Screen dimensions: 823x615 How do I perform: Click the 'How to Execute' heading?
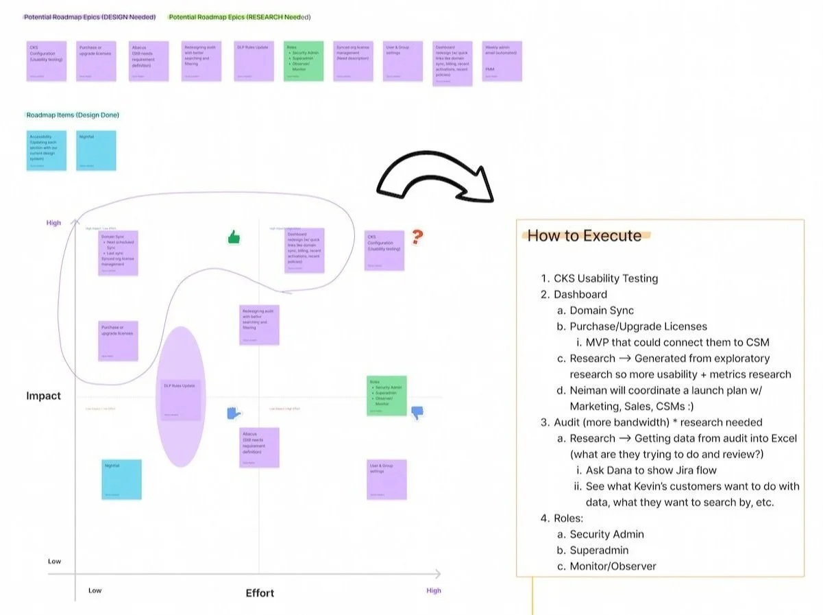(x=584, y=236)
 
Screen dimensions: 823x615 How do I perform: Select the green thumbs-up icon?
(x=234, y=238)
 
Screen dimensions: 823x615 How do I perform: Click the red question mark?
(x=417, y=237)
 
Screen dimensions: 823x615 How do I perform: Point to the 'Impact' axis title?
(x=44, y=396)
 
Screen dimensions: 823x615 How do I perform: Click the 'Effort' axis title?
(x=260, y=593)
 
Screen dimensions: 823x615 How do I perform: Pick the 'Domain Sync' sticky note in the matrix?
(x=119, y=253)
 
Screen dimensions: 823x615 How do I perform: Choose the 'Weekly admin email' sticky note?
(x=502, y=61)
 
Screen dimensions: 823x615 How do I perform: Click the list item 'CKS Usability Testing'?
(x=606, y=278)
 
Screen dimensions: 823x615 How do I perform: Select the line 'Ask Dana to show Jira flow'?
(x=651, y=470)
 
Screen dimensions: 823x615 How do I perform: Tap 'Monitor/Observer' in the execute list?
(x=613, y=566)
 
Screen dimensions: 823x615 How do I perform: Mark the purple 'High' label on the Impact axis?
(x=53, y=223)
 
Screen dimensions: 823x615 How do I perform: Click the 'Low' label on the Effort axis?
(x=95, y=590)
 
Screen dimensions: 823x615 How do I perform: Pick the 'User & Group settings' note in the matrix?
(x=386, y=479)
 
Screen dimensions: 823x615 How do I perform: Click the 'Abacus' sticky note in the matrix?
(x=259, y=448)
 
